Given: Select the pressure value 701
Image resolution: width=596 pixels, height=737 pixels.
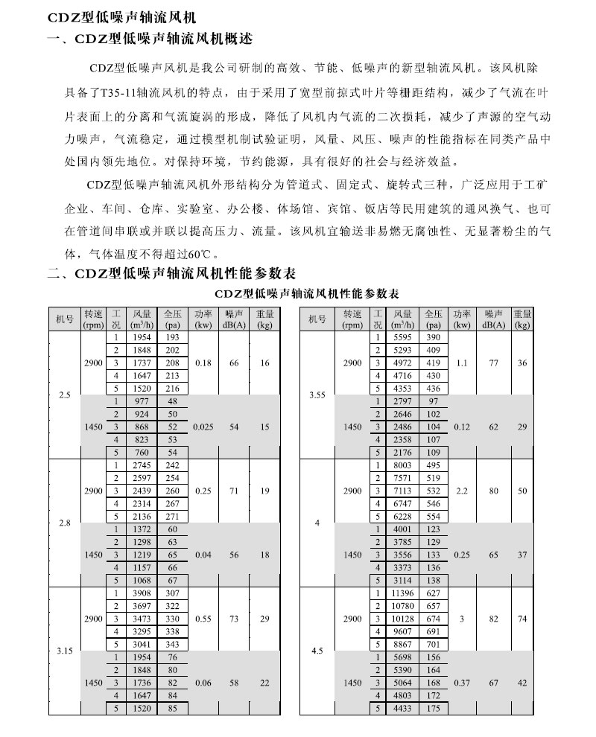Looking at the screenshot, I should (x=434, y=644).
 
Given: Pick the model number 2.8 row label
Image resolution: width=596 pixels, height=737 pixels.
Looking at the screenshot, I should (x=65, y=523).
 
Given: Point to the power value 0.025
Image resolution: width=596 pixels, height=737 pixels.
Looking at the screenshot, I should (x=203, y=427).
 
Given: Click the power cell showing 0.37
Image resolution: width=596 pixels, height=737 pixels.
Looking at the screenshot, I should (x=462, y=683).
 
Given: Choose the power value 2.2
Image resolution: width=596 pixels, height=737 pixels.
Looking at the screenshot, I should (x=462, y=491).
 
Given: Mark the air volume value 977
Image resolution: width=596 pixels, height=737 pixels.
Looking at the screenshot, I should (x=141, y=401).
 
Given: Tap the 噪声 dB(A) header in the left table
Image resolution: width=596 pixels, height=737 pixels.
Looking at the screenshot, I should (x=234, y=319).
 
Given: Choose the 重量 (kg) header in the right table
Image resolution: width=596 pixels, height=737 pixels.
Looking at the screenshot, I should (x=523, y=319).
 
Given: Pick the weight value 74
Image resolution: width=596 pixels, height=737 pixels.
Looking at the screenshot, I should (x=523, y=619).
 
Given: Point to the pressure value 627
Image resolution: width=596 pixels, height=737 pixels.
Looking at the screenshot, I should (x=434, y=593).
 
